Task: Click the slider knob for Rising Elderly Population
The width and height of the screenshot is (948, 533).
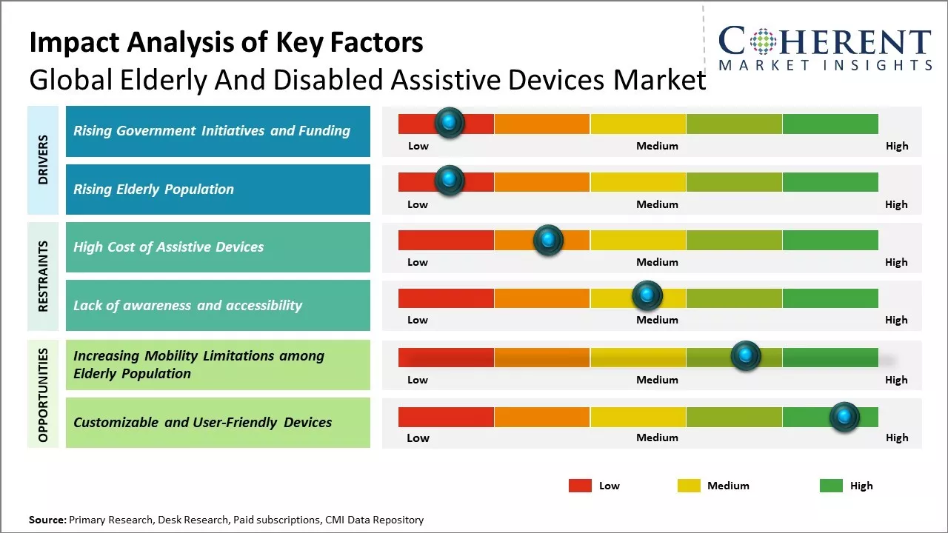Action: (449, 181)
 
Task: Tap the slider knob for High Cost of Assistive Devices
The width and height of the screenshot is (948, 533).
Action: (548, 239)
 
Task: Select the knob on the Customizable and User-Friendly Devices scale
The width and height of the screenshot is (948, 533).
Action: (844, 417)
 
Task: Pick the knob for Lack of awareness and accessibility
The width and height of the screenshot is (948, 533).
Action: (647, 296)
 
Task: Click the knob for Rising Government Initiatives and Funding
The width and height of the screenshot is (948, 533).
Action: (449, 122)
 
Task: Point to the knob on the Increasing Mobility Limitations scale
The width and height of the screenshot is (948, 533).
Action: (745, 356)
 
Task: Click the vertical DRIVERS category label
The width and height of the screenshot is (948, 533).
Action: (43, 160)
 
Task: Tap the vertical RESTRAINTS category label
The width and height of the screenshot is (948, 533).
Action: (43, 275)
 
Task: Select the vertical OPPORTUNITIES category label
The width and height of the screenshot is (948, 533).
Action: (43, 395)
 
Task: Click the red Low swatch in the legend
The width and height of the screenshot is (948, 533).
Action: (580, 486)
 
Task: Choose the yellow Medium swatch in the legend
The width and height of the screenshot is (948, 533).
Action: (689, 486)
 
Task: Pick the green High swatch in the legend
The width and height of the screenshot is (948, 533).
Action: (831, 486)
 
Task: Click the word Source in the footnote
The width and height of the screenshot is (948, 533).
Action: (47, 520)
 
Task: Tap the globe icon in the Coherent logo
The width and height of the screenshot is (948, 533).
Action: (763, 41)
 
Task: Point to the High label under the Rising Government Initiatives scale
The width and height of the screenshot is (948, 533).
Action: (897, 146)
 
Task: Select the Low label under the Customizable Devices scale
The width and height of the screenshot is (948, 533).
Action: (418, 438)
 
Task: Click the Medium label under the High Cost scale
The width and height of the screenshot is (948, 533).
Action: (657, 262)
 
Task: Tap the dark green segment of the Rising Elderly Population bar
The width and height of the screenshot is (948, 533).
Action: (829, 181)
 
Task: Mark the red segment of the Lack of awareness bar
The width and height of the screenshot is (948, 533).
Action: (446, 298)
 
